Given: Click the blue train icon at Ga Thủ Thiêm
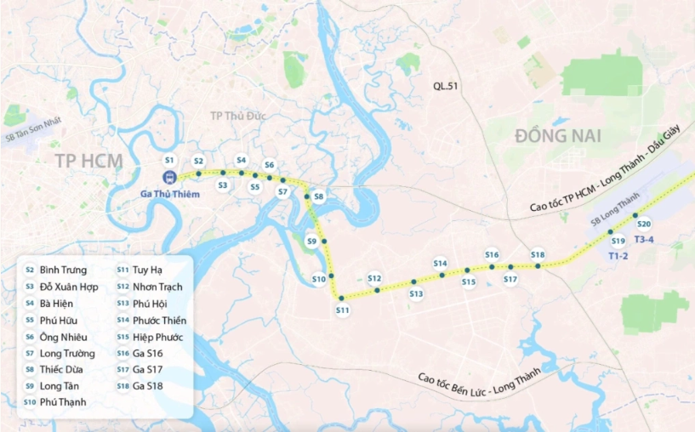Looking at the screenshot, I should [x=169, y=178].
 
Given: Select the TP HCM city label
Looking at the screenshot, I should [x=88, y=162].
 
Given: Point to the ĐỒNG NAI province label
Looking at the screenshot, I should [x=557, y=136].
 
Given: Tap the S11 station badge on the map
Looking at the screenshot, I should [x=343, y=310].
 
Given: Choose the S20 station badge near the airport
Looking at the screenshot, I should [x=644, y=225].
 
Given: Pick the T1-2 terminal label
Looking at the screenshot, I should [x=618, y=255].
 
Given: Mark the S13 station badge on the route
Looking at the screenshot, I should [x=416, y=294].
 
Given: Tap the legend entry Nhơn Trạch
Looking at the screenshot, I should [x=158, y=287].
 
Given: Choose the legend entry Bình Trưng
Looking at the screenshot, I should [x=63, y=270].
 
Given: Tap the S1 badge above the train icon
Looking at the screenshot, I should [x=169, y=160].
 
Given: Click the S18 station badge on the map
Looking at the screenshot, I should [x=537, y=254].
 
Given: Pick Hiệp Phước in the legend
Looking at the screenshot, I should [x=159, y=337].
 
